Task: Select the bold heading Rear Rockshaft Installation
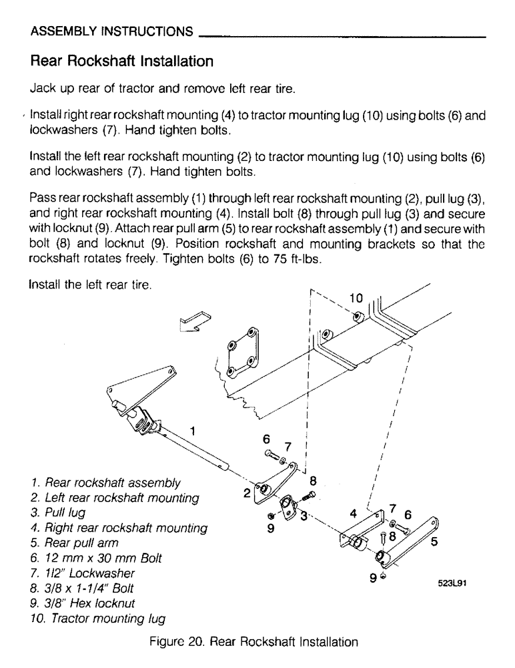pyautogui.click(x=122, y=62)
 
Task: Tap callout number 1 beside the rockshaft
pyautogui.click(x=193, y=431)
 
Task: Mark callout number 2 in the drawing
pyautogui.click(x=245, y=494)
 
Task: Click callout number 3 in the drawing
pyautogui.click(x=304, y=516)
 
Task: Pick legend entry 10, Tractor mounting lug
pyautogui.click(x=98, y=618)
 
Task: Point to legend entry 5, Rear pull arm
pyautogui.click(x=76, y=542)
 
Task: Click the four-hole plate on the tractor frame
pyautogui.click(x=242, y=352)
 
